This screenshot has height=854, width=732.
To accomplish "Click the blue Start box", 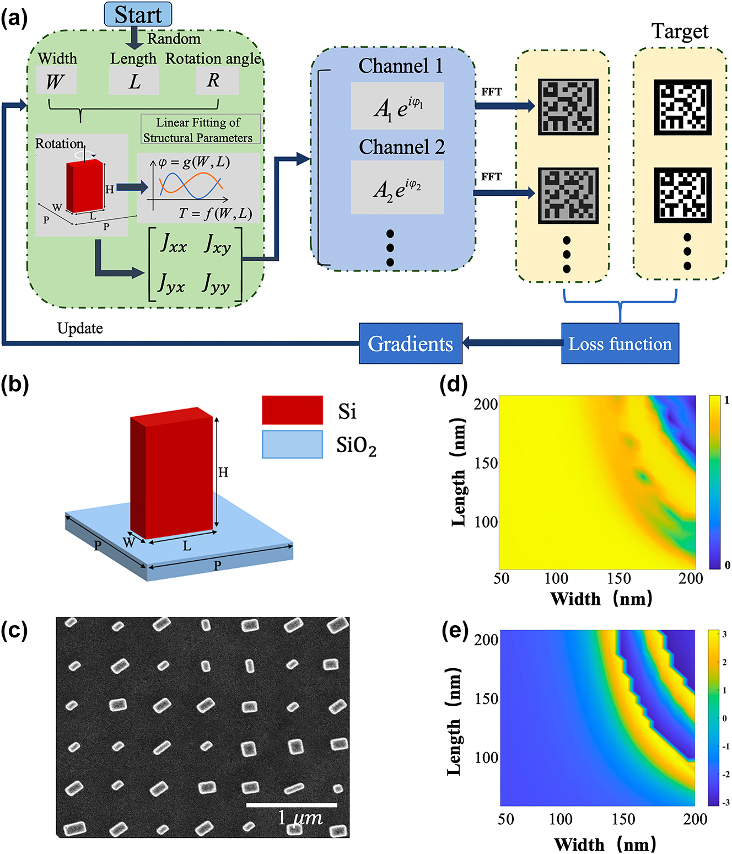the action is click(x=138, y=14).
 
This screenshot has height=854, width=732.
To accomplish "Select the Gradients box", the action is click(x=410, y=343).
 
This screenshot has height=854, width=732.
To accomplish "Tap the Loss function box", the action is click(x=620, y=343).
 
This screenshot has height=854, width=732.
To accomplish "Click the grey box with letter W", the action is click(x=56, y=80).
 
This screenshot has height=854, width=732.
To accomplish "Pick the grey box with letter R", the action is click(x=217, y=80).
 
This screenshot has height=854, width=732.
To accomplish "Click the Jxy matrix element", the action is click(x=217, y=245).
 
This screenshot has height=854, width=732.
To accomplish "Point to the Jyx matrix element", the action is click(x=171, y=284).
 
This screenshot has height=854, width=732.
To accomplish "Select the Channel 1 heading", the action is click(x=401, y=66).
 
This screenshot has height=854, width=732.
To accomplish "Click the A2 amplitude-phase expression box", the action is click(x=397, y=187).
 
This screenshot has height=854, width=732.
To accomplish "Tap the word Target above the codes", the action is click(x=680, y=32).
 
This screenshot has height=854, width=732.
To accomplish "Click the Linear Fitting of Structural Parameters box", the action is click(x=200, y=130).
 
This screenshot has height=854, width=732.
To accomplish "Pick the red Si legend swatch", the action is click(x=293, y=410).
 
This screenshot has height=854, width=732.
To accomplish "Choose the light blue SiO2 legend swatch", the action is click(x=293, y=444).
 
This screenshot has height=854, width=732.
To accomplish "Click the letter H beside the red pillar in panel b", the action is click(x=223, y=472).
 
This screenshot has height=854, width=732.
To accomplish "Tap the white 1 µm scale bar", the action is click(x=292, y=804).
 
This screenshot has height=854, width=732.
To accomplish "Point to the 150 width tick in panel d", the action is click(x=619, y=578).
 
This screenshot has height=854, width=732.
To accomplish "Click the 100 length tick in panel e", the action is click(x=486, y=758).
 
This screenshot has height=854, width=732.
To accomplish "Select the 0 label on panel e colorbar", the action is click(x=724, y=718).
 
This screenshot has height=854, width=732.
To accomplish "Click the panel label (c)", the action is click(x=14, y=631).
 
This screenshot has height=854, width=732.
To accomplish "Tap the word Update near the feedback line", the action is click(x=80, y=329).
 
